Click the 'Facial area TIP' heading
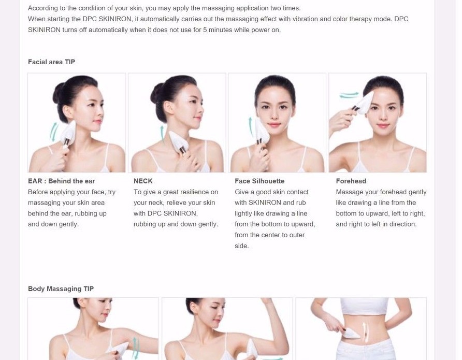pos(51,62)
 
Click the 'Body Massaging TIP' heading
pos(61,289)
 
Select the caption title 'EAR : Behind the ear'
pos(61,181)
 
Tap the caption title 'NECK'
pos(143,181)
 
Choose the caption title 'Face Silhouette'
pos(259,181)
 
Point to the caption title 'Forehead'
pos(351,181)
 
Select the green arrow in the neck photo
pos(163,136)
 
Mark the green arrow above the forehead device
pos(349,95)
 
